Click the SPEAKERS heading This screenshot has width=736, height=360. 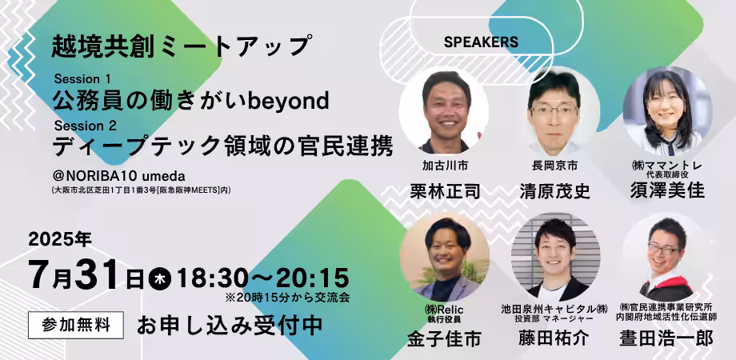pyautogui.click(x=481, y=42)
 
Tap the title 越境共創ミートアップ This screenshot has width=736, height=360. pyautogui.click(x=182, y=46)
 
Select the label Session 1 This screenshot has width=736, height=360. pyautogui.click(x=82, y=78)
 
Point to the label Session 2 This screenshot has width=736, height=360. pyautogui.click(x=86, y=126)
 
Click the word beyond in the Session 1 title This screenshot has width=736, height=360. pyautogui.click(x=288, y=102)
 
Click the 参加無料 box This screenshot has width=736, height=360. pyautogui.click(x=76, y=325)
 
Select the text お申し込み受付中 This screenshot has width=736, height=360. pyautogui.click(x=230, y=326)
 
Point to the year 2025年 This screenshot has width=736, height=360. pyautogui.click(x=60, y=239)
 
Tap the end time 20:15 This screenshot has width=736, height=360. pyautogui.click(x=312, y=279)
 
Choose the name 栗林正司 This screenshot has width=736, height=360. pyautogui.click(x=445, y=191)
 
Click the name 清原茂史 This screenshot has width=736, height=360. pyautogui.click(x=555, y=191)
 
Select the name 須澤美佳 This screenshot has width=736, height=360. pyautogui.click(x=667, y=191)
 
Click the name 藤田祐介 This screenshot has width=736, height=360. pyautogui.click(x=554, y=338)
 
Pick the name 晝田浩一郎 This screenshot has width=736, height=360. pyautogui.click(x=666, y=338)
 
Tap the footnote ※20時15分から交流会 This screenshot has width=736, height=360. pyautogui.click(x=288, y=298)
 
